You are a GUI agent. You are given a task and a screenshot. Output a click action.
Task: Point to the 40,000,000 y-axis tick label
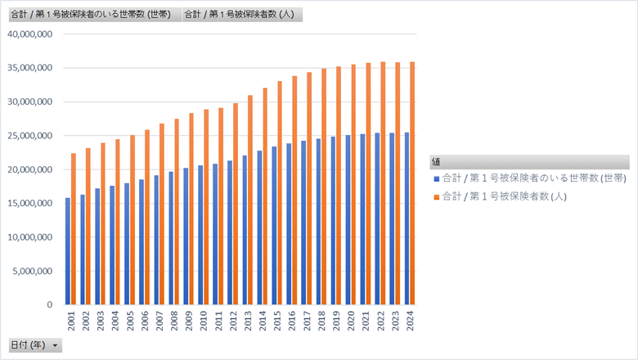click(x=30, y=34)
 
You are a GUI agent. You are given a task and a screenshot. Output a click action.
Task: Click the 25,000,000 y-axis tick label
click(x=30, y=136)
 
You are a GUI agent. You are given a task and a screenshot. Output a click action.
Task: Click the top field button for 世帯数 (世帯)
click(x=91, y=15)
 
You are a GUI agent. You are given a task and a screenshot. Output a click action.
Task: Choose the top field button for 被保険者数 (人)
click(x=243, y=15)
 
